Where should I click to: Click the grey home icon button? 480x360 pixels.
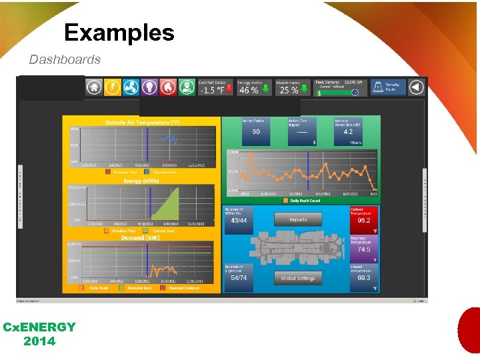pyautogui.click(x=94, y=87)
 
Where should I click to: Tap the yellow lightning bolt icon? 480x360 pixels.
pyautogui.click(x=113, y=87)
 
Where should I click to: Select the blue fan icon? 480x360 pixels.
pyautogui.click(x=131, y=87)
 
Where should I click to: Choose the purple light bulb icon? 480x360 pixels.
pyautogui.click(x=149, y=87)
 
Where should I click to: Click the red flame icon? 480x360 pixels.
pyautogui.click(x=168, y=87)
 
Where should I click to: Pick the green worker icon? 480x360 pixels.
pyautogui.click(x=187, y=87)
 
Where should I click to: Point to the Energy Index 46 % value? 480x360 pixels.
pyautogui.click(x=249, y=90)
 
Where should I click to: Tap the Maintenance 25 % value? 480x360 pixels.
pyautogui.click(x=289, y=90)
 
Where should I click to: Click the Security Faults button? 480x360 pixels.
pyautogui.click(x=388, y=87)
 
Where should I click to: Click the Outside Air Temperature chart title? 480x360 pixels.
pyautogui.click(x=142, y=123)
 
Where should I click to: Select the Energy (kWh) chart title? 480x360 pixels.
pyautogui.click(x=141, y=181)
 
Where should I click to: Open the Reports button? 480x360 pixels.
pyautogui.click(x=298, y=220)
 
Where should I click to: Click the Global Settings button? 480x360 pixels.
pyautogui.click(x=298, y=278)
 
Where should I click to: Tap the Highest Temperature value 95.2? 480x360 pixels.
pyautogui.click(x=363, y=221)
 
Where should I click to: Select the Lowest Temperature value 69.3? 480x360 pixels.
pyautogui.click(x=363, y=278)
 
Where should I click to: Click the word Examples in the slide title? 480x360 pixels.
pyautogui.click(x=119, y=33)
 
